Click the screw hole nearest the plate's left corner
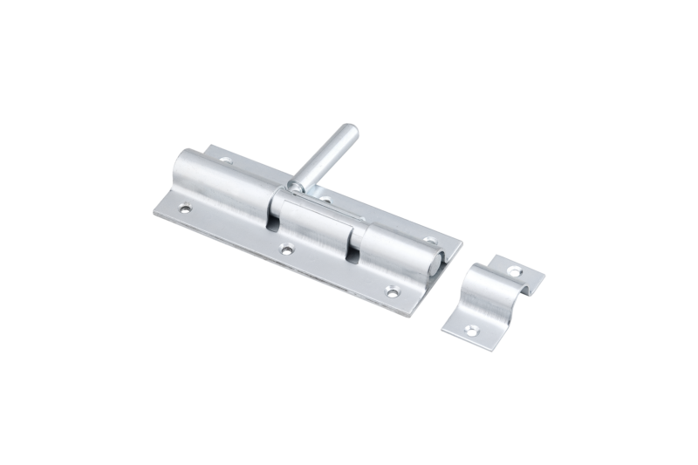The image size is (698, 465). pos(185,209)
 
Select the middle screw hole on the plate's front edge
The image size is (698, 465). pos(285,251)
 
